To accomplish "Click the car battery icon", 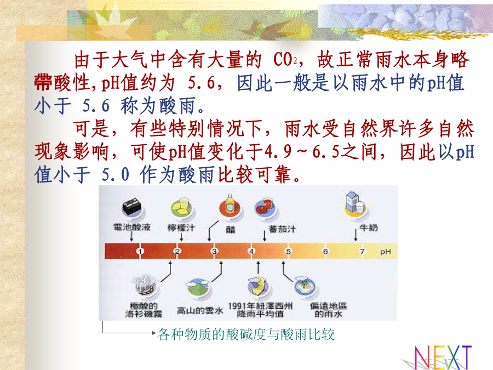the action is [x=131, y=207].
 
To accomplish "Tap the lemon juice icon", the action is [x=182, y=208].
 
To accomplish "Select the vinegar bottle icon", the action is [x=230, y=206].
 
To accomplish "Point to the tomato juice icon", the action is [x=265, y=207].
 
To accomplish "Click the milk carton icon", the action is [x=356, y=204].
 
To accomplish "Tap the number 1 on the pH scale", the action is [x=140, y=251].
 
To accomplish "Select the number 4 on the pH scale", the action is [x=251, y=251].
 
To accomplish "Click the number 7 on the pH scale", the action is [x=363, y=251].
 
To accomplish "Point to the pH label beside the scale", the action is [x=386, y=252].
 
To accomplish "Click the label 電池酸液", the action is [x=132, y=227].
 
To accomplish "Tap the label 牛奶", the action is [x=369, y=227].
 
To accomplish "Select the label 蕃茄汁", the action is [x=282, y=229].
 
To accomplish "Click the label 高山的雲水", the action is [x=200, y=311].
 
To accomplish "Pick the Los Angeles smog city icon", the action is [x=145, y=285].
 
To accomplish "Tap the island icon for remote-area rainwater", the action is [x=305, y=287].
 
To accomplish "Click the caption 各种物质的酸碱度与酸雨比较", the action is [x=246, y=334].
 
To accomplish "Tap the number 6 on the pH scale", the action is [x=325, y=251].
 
